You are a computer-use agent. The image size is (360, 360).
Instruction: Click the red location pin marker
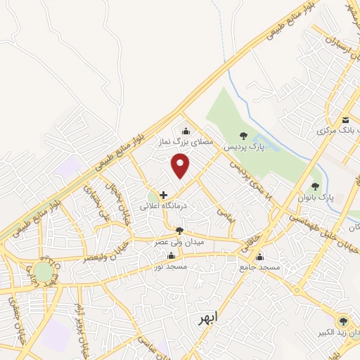(x=181, y=165)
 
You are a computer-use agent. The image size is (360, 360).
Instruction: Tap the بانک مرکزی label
(x=333, y=131)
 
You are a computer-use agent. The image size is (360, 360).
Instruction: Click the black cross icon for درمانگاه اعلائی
(x=163, y=195)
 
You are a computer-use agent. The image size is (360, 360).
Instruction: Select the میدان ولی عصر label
(x=179, y=242)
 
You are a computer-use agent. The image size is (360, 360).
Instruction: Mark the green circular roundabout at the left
(x=43, y=271)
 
